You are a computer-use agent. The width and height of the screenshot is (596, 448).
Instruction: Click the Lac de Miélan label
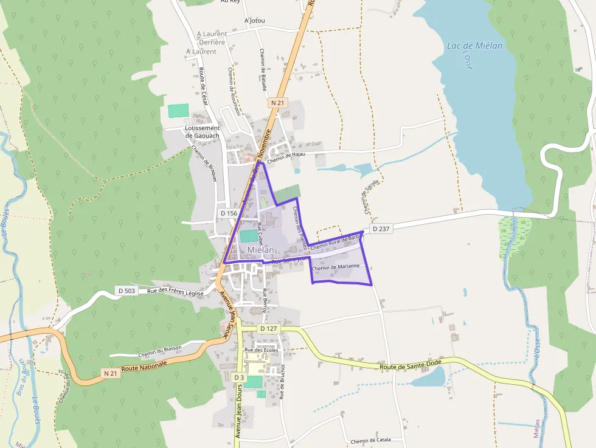474,46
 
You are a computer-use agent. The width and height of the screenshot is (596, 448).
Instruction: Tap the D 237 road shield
380,229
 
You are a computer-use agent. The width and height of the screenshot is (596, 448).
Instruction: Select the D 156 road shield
229,213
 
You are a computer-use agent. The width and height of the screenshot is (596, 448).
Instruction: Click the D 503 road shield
126,291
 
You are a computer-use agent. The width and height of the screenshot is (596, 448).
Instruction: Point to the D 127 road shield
268,329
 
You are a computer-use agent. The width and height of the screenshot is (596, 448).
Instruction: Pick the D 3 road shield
239,377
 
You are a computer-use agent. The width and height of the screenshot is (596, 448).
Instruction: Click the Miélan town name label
261,250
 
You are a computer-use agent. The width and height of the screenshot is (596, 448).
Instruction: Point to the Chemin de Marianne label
336,267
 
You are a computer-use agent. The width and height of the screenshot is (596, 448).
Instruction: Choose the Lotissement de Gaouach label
202,132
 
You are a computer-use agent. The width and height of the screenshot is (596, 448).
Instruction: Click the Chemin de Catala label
370,440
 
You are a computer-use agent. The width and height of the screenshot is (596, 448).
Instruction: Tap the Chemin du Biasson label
160,348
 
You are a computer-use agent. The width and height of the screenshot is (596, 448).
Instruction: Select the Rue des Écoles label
261,350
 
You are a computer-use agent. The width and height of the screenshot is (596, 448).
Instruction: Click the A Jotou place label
254,20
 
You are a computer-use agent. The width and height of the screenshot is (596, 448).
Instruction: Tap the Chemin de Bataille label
263,69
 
